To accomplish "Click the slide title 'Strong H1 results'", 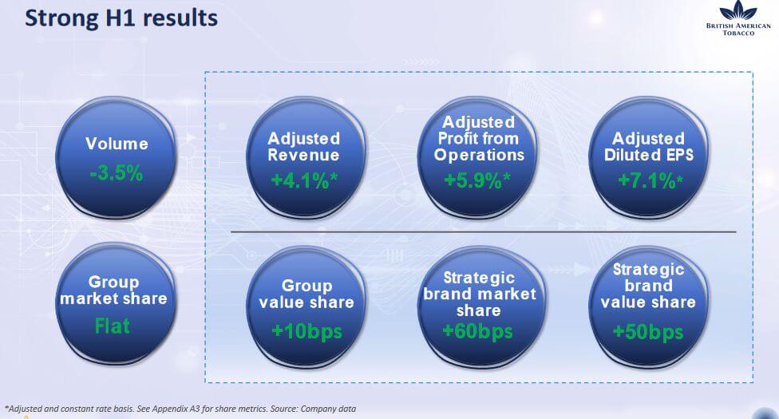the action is [x=121, y=18].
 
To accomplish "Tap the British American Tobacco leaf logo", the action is [x=738, y=10].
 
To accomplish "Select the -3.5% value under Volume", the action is [x=117, y=173].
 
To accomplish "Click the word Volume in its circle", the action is [x=117, y=144].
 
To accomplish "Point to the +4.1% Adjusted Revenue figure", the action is [x=304, y=180].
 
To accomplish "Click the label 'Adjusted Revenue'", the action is [x=303, y=147].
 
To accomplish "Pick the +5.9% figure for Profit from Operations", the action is [x=477, y=180].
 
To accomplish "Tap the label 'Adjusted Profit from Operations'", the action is [x=479, y=138].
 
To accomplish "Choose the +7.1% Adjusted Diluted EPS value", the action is [x=650, y=180].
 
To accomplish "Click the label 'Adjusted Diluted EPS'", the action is [x=648, y=147].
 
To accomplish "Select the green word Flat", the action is [x=113, y=326].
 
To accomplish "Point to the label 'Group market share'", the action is [x=113, y=291].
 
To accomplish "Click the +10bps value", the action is [x=307, y=331].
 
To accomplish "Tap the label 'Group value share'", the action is [x=306, y=294].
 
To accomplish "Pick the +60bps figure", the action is [x=477, y=331].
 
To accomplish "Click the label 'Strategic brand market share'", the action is [x=480, y=294].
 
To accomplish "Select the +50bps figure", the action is [x=648, y=331].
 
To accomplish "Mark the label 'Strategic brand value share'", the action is [x=648, y=286].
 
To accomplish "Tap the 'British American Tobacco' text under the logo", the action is [x=738, y=30].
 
